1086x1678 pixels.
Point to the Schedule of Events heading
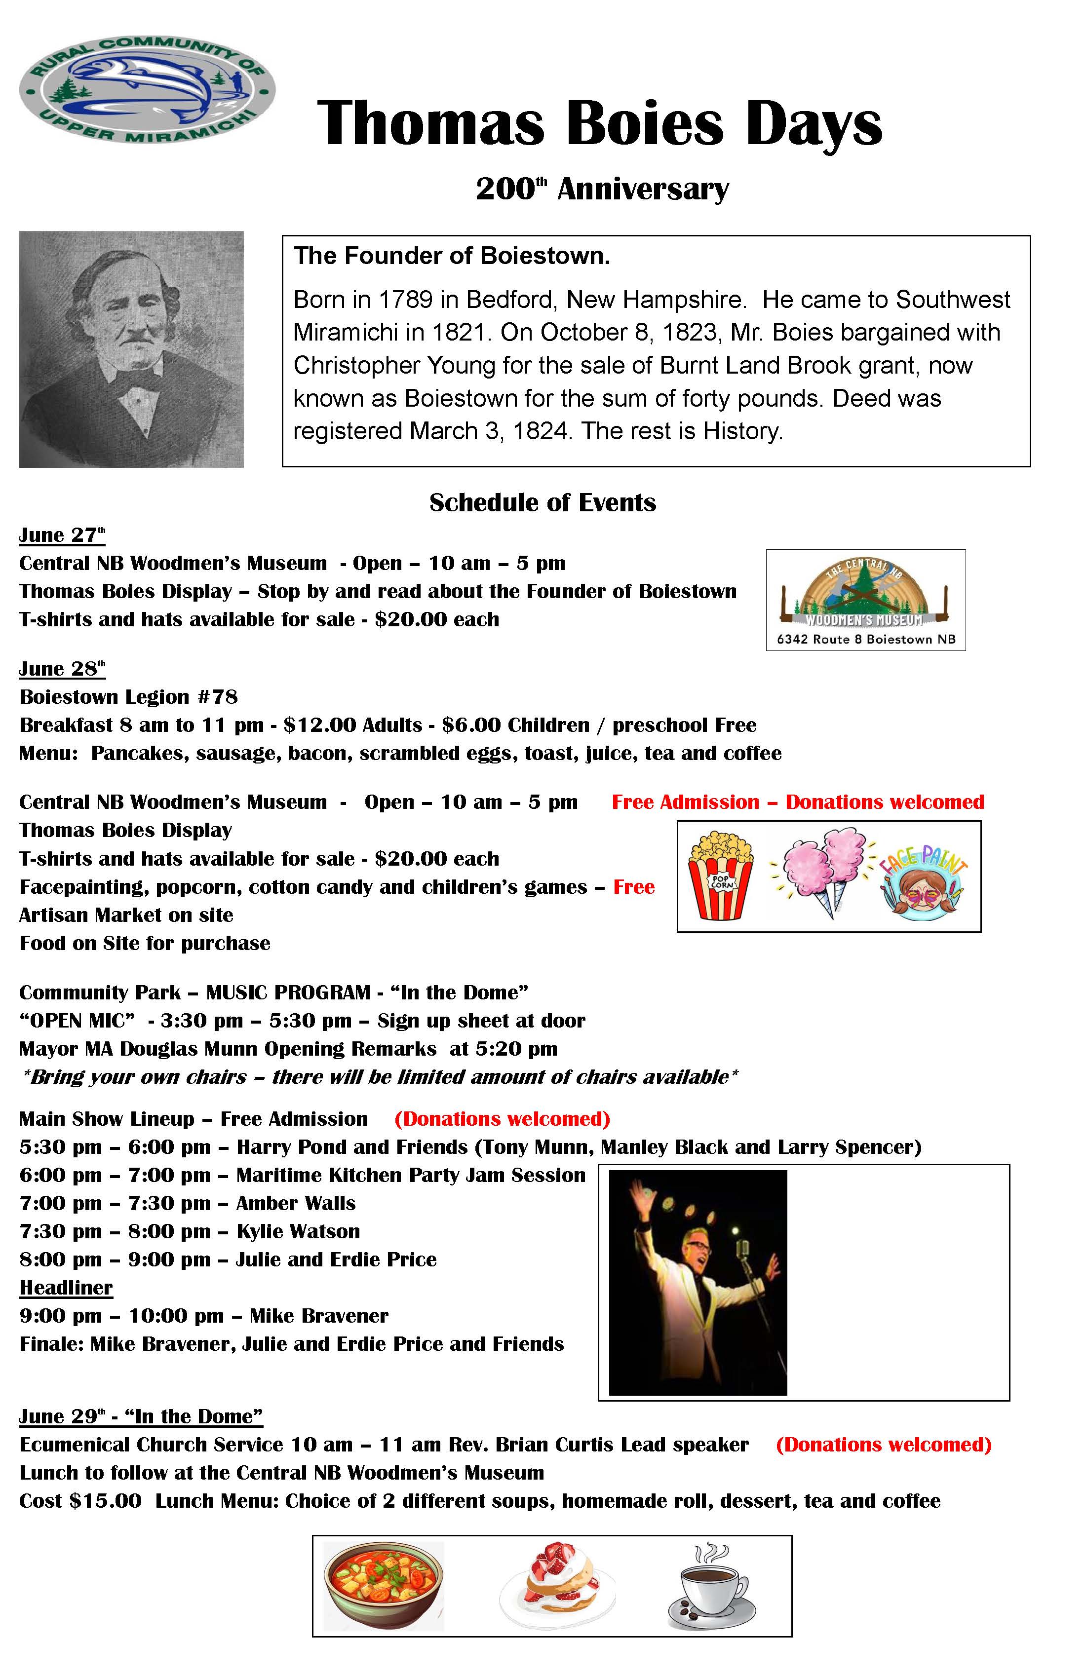(x=543, y=503)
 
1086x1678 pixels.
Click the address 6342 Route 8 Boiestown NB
(x=866, y=640)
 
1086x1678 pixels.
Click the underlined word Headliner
(x=66, y=1288)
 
